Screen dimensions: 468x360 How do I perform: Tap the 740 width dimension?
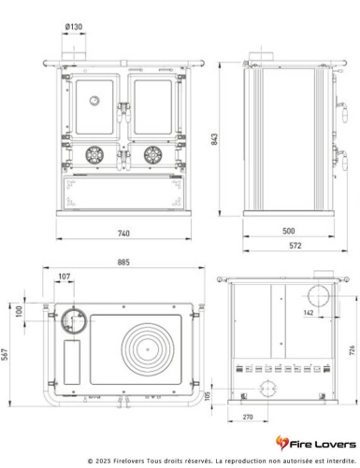[122, 231]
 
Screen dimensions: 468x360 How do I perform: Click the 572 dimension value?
[295, 245]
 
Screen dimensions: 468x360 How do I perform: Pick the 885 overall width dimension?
[122, 262]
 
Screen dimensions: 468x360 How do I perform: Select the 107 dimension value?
[65, 277]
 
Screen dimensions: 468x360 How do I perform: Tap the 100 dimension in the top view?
[21, 310]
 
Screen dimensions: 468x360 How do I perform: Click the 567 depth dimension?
[7, 353]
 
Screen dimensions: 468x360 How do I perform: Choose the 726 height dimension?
[352, 349]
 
